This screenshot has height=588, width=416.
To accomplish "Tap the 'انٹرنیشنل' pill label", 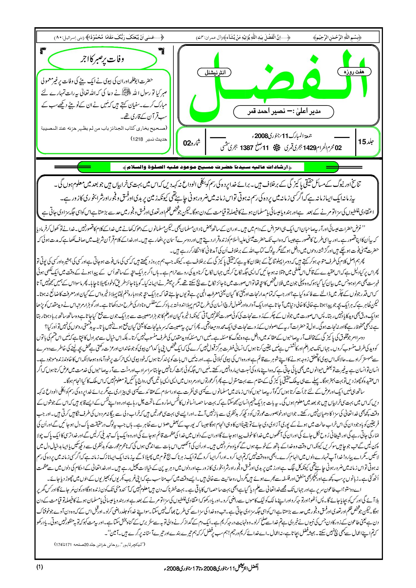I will [214, 73].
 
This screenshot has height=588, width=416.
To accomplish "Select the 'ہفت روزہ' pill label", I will [354, 72].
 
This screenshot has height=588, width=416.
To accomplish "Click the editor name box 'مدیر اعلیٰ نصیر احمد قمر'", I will [283, 112].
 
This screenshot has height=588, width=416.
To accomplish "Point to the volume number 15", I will [362, 142].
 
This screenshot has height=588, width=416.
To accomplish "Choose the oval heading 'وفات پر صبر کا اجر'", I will [102, 59].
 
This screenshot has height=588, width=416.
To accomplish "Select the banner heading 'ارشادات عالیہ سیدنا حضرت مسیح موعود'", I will [207, 167].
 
